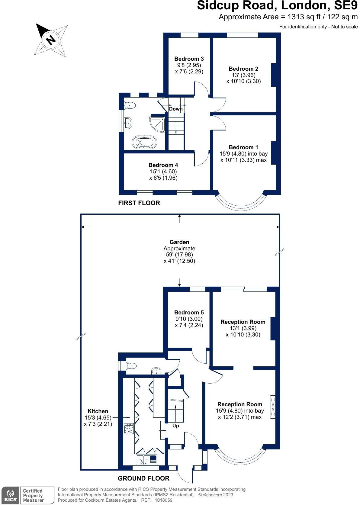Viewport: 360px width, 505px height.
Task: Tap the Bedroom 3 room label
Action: (x=189, y=59)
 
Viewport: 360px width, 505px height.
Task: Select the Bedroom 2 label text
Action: (x=243, y=69)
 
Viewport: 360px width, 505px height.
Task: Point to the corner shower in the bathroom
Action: (x=158, y=124)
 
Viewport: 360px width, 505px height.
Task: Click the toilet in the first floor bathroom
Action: (x=130, y=105)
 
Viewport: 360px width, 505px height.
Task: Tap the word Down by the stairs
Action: (x=175, y=109)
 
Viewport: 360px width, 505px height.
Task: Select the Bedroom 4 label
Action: (x=163, y=165)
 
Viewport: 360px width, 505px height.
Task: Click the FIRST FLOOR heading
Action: (x=139, y=203)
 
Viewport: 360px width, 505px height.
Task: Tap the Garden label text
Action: (x=179, y=242)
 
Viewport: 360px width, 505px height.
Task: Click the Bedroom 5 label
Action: (x=189, y=313)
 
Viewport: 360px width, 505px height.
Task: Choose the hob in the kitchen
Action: (x=129, y=429)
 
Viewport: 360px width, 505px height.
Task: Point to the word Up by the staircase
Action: (x=175, y=426)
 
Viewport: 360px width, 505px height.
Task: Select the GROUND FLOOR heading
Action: (x=143, y=478)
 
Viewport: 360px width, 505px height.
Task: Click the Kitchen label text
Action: (x=98, y=411)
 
